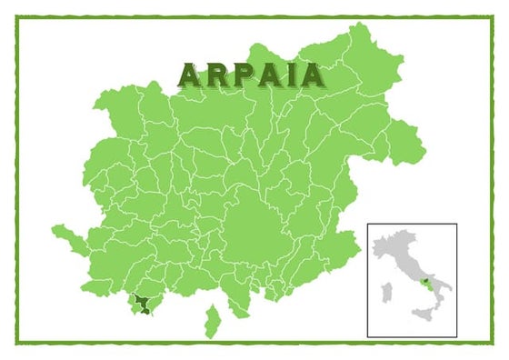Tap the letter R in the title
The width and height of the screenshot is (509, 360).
pos(214,74)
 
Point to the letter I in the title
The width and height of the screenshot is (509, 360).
pos(284,74)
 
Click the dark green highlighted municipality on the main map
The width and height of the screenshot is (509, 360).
pos(142,305)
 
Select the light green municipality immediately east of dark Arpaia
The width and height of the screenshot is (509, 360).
pos(155,306)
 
